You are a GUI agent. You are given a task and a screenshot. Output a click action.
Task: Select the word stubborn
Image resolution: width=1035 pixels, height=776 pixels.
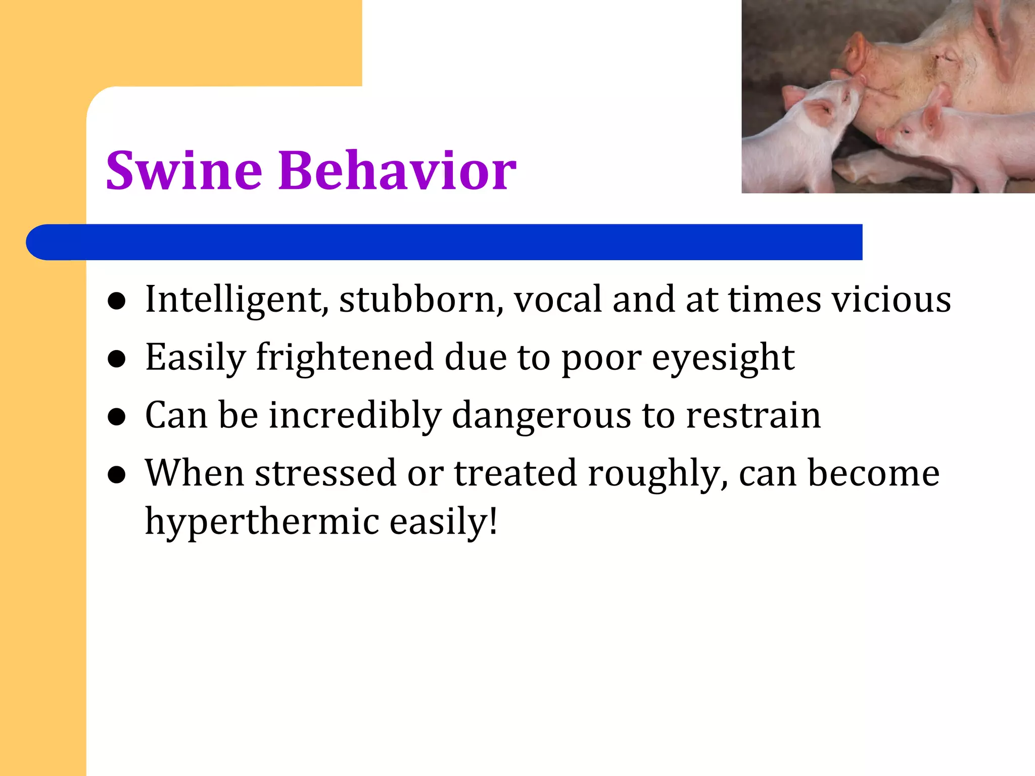coord(420,300)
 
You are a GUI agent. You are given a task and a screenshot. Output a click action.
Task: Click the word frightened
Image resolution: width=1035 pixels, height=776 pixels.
coord(345,358)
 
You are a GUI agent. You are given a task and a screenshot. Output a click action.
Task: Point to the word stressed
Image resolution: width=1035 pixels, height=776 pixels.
coord(325,474)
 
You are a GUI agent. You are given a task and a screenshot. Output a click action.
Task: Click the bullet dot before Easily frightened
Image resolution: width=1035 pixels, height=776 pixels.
coord(117,359)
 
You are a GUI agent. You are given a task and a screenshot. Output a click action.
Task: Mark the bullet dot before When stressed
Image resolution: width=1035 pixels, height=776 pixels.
coord(117,475)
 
